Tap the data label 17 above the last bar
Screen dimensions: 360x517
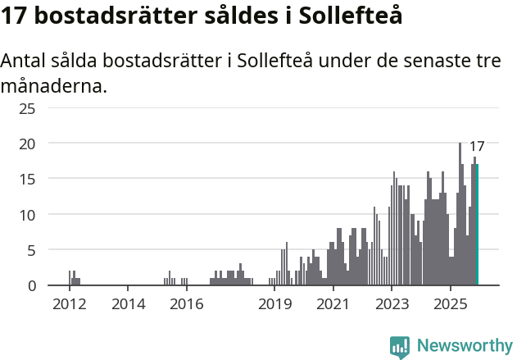[477, 147]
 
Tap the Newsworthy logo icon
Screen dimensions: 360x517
[400, 346]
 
